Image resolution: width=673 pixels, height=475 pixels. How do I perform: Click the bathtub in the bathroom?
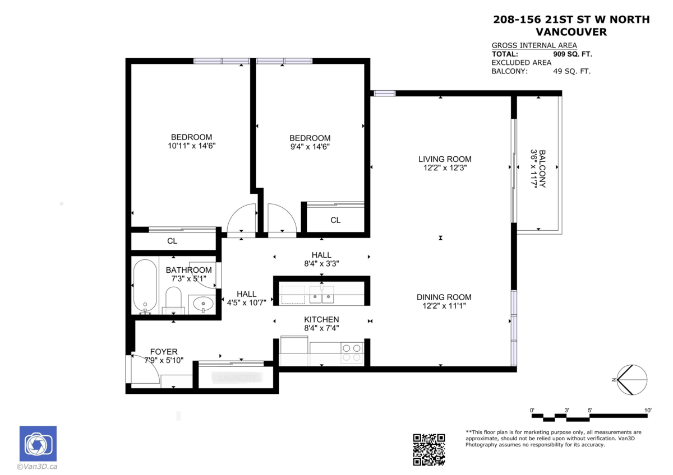coord(145,286)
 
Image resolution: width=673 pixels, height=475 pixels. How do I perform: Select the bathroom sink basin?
coord(202,304)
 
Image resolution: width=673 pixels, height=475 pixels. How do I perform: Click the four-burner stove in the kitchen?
coord(352,352)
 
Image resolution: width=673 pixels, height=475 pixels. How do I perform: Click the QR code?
coord(429,449)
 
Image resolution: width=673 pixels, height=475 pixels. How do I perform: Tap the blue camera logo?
coord(38,444)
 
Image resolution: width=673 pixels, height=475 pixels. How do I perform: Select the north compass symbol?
coord(631,380)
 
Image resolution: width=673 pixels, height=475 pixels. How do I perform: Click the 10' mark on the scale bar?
coord(648,411)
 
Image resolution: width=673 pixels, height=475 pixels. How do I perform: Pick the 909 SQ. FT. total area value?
coord(572,54)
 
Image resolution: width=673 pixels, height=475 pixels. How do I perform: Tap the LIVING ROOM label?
coord(445,159)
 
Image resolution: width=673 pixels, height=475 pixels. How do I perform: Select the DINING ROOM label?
coord(444,297)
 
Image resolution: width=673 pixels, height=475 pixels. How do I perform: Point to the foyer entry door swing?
coord(144,370)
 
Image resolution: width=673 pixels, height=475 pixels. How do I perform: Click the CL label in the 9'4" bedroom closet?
coord(335,220)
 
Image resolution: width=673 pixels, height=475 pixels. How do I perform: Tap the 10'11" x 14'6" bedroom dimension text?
coord(191,146)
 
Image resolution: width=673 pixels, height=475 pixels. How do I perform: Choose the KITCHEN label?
coord(321,319)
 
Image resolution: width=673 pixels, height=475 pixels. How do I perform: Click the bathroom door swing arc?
coord(202,275)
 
